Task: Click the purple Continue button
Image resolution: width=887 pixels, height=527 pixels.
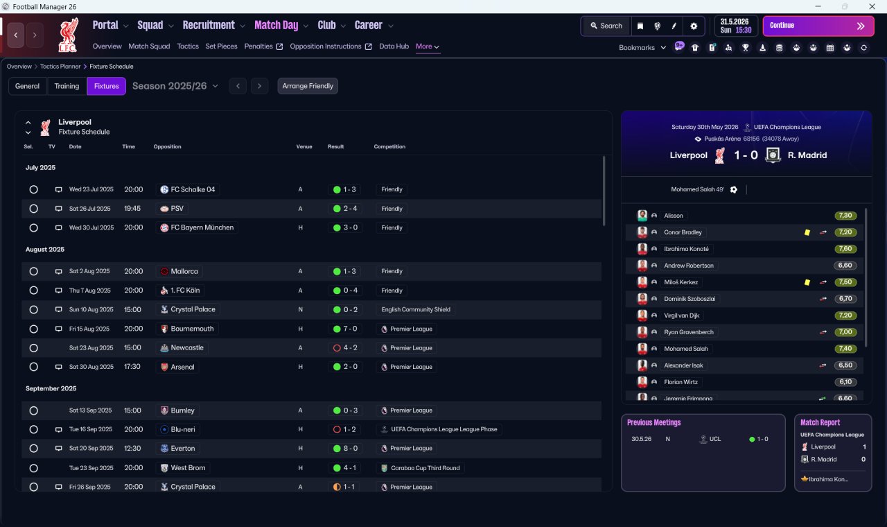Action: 818,26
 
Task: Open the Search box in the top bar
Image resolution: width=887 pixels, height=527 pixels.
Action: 606,26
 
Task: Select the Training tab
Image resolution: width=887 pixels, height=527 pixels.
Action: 67,86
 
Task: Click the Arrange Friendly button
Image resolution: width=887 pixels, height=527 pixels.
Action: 308,86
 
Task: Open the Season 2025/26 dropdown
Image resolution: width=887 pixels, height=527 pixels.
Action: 175,86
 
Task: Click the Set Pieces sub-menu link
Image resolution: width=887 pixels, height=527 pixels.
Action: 221,46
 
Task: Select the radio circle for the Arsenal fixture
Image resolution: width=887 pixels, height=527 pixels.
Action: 34,367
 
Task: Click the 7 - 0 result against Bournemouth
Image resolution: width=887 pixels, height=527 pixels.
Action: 345,329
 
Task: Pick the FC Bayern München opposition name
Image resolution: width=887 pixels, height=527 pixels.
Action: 202,227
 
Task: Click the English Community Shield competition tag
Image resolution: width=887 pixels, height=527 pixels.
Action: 416,309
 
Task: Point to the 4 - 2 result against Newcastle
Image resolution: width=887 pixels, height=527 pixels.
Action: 345,348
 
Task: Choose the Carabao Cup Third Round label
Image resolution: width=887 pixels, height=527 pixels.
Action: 425,468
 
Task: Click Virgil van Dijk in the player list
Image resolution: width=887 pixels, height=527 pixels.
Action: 681,316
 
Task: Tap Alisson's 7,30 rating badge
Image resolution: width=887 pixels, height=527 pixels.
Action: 845,216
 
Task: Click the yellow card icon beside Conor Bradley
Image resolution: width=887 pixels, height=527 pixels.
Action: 807,232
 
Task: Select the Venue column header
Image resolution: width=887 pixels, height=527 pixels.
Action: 304,146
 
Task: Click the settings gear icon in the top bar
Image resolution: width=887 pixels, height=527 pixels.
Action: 694,26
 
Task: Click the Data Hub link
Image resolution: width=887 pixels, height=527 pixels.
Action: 394,46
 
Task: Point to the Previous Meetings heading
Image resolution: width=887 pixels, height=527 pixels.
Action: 653,422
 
